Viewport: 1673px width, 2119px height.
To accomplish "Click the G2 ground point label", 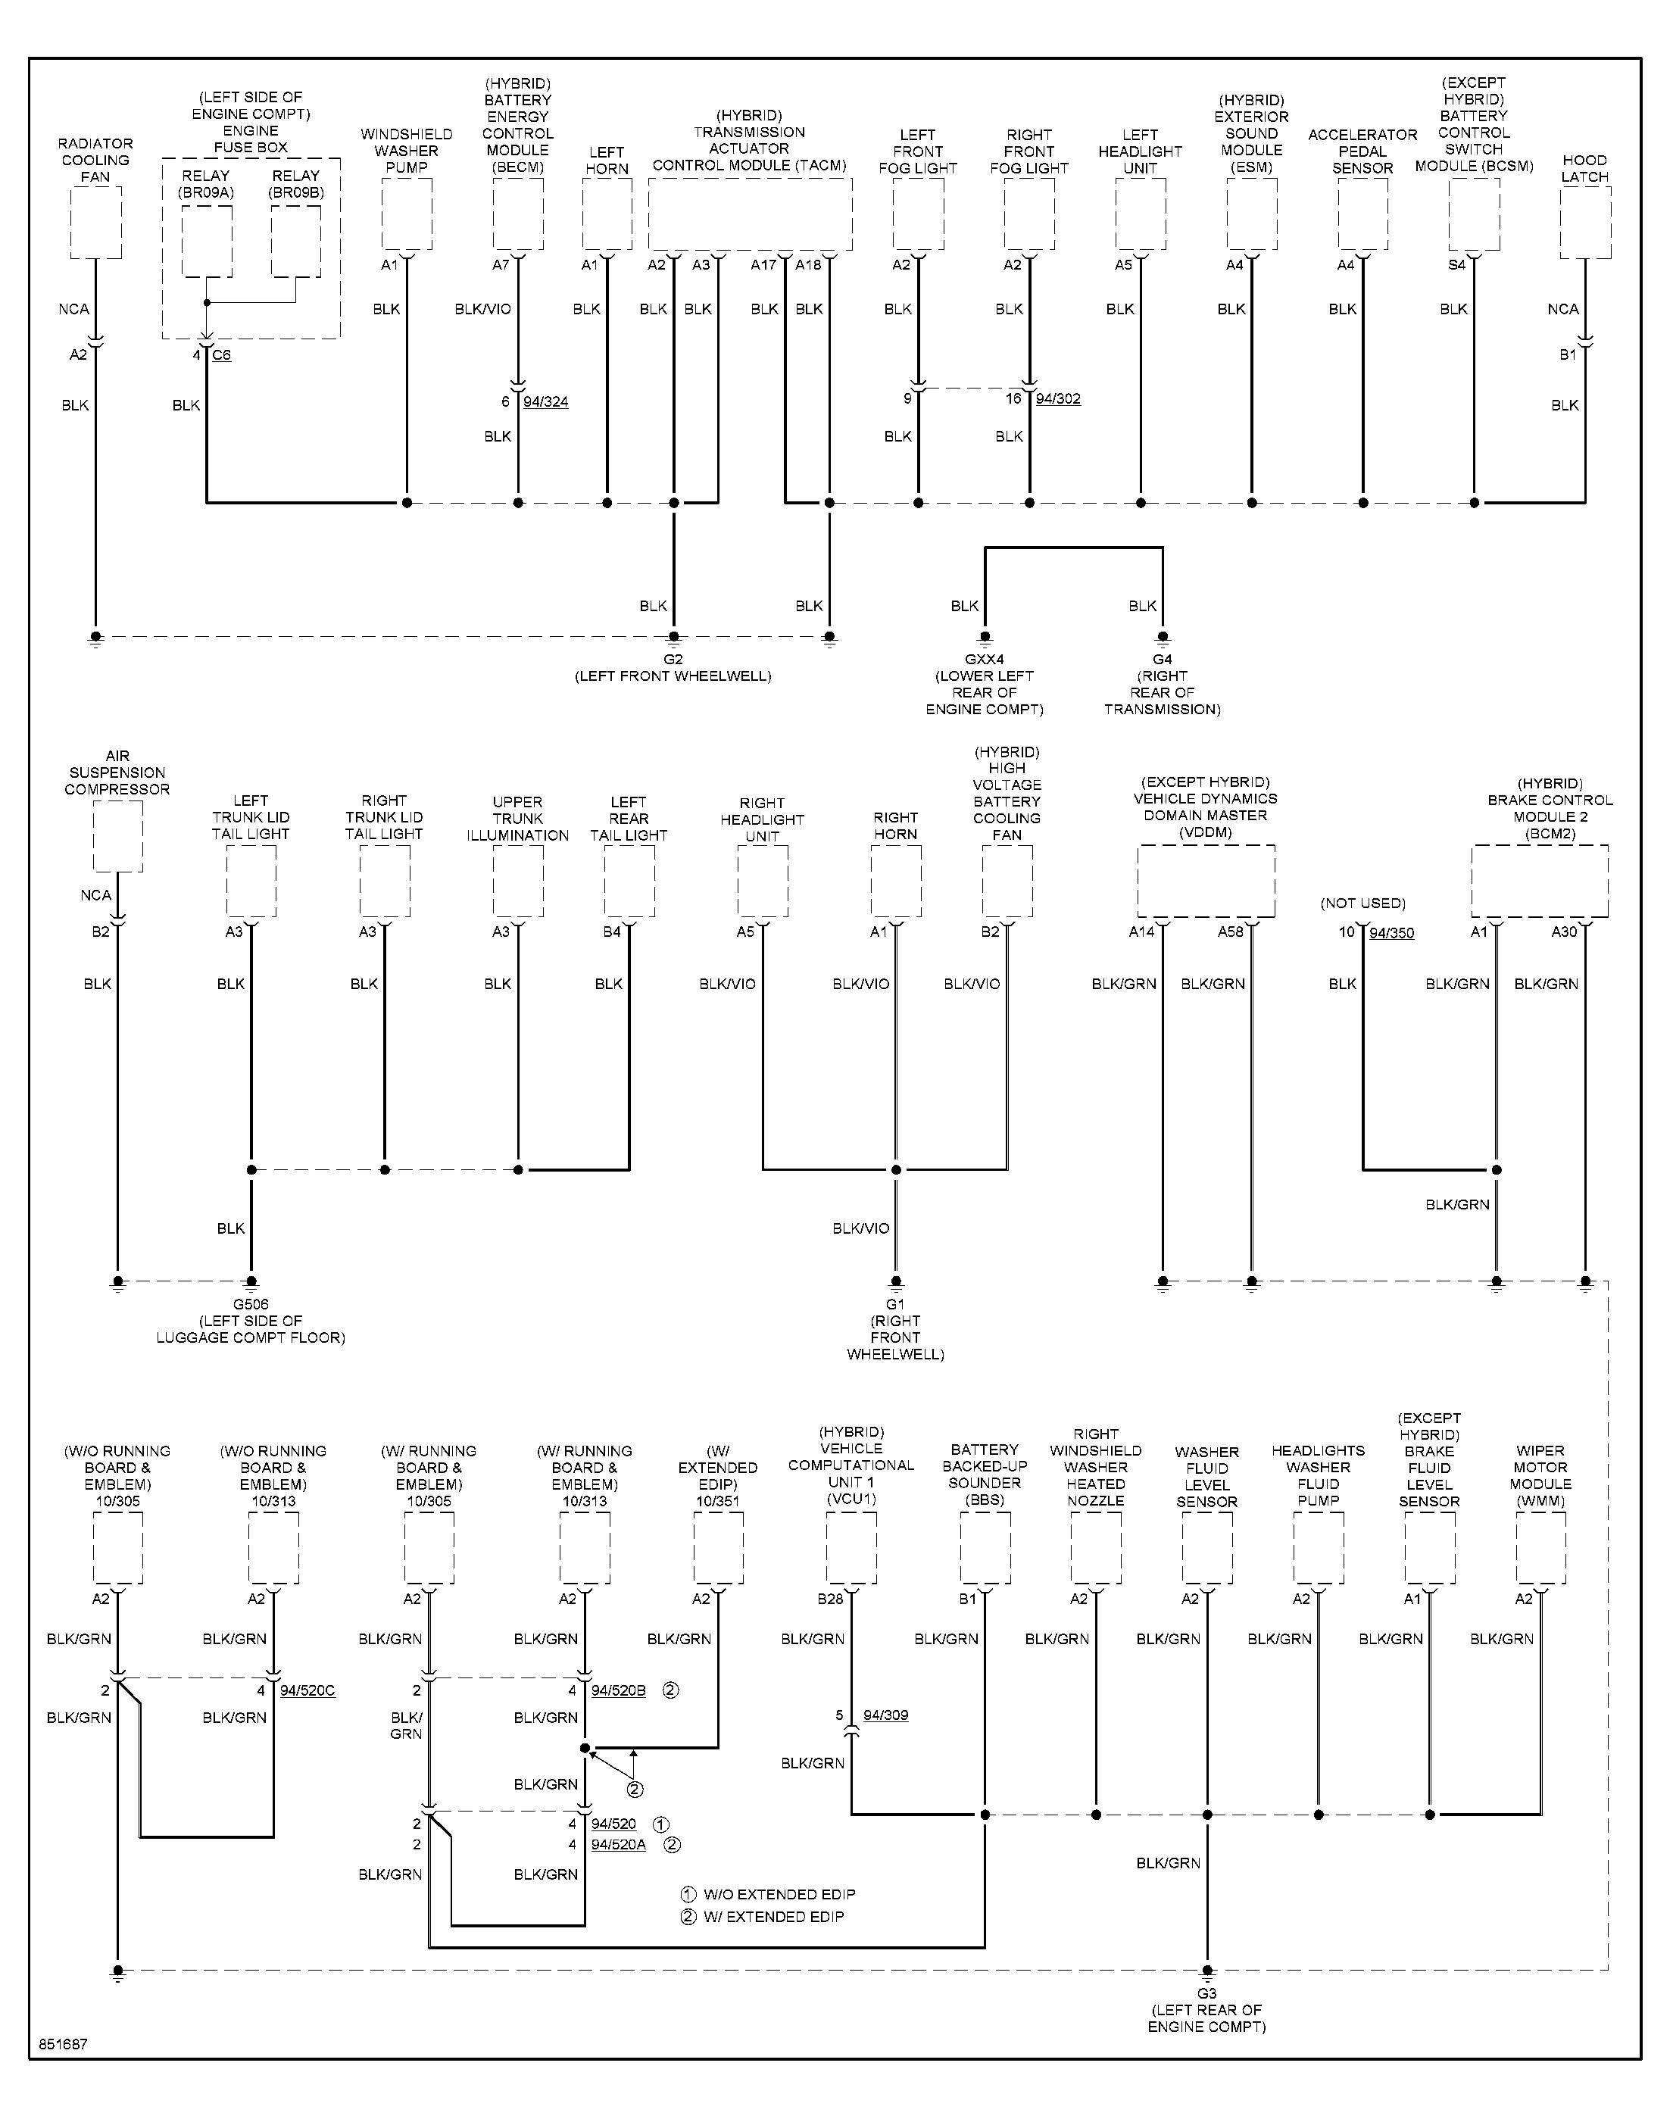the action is [673, 659].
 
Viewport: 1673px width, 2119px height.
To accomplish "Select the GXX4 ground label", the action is [985, 659].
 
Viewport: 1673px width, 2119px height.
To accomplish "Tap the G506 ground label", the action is [251, 1303].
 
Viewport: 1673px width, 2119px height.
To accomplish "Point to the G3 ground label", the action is [1206, 1993].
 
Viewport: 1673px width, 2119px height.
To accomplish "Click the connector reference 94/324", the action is [545, 401].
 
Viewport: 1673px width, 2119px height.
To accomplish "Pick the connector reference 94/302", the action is [1058, 398].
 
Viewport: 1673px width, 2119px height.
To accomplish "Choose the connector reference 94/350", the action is [1392, 932].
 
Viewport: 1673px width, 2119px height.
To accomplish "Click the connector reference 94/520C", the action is [307, 1690].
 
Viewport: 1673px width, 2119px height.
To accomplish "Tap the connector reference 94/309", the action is [885, 1715].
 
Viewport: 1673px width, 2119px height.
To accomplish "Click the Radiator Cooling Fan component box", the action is [96, 223].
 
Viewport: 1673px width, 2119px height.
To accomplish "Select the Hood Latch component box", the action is [1585, 223].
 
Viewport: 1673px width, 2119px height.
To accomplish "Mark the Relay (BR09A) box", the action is [207, 241].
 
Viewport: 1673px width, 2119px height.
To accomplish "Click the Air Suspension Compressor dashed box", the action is [117, 835].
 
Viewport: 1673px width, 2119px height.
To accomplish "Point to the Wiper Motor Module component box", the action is [1540, 1547].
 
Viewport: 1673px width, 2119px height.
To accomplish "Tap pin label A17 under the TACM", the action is [764, 264].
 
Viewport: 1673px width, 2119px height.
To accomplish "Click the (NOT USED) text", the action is [1362, 903].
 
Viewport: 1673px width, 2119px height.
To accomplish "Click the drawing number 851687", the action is [64, 2045].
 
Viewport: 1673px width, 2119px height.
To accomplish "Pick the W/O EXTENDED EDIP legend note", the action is [768, 1894].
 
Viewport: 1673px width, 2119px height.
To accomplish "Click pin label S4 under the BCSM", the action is [1456, 264].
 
